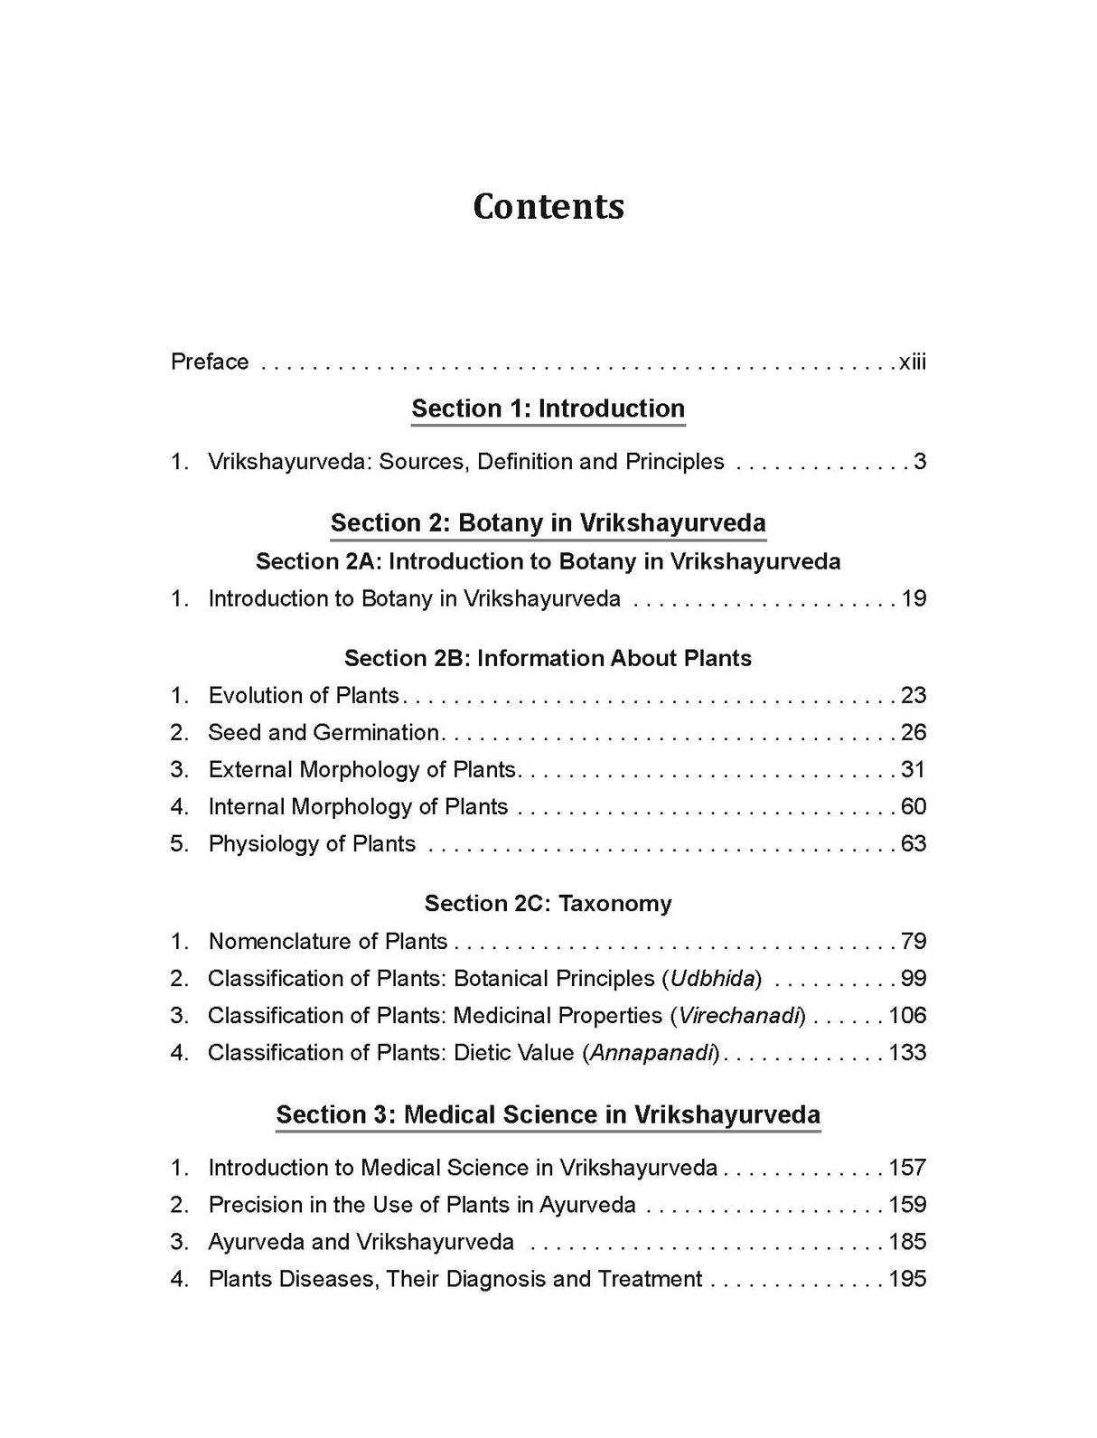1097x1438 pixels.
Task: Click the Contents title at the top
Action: (548, 206)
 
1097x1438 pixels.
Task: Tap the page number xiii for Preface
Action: (912, 362)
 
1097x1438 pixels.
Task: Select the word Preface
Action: (210, 362)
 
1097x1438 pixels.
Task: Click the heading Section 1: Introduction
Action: (548, 409)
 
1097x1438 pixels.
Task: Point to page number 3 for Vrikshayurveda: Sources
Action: (919, 462)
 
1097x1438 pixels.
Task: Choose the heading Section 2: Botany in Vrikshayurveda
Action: (548, 522)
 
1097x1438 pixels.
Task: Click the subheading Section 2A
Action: (548, 561)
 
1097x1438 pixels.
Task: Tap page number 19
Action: (913, 598)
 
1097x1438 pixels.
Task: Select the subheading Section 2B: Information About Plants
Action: (548, 658)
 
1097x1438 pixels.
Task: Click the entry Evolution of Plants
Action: (304, 695)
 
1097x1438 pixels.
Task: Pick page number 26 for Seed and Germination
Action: (913, 732)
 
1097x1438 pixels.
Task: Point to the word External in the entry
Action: (250, 769)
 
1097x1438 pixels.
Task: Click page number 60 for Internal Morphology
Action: (913, 806)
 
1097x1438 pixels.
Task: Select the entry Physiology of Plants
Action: (312, 843)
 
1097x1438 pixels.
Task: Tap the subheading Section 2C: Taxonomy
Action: (548, 903)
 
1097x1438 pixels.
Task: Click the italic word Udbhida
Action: (714, 978)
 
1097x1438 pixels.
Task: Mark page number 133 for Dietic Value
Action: (907, 1052)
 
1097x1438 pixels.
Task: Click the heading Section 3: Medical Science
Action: (548, 1114)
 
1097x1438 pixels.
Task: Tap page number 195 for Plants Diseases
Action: (907, 1279)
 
